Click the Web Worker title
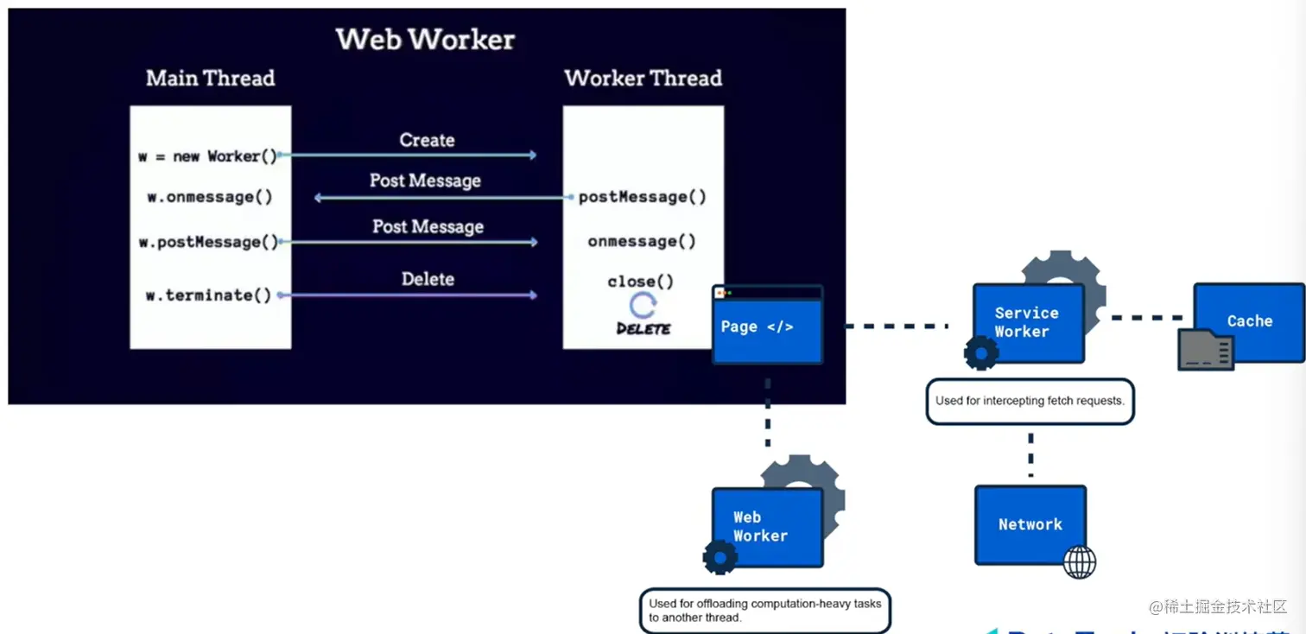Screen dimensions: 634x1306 (425, 39)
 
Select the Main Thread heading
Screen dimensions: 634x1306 (210, 79)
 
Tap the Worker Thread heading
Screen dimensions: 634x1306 (643, 79)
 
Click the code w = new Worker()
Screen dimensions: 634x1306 (207, 156)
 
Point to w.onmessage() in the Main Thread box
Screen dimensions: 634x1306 (210, 197)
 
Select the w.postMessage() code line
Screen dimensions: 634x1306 (209, 243)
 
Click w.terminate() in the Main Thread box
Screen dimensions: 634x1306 (208, 295)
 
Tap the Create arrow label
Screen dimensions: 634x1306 (427, 140)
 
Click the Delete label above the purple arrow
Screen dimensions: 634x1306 (428, 279)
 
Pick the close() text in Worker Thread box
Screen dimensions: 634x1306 (640, 282)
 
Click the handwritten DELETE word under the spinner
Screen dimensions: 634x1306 (643, 328)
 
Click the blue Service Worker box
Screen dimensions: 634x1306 (1028, 322)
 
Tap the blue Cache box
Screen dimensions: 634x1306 (1249, 320)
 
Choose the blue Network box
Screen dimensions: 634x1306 (1030, 523)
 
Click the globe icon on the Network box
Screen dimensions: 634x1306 (1079, 561)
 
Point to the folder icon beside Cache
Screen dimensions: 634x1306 (1206, 349)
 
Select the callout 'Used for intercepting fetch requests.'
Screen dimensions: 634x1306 (1030, 401)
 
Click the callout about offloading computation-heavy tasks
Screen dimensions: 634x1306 (765, 611)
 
